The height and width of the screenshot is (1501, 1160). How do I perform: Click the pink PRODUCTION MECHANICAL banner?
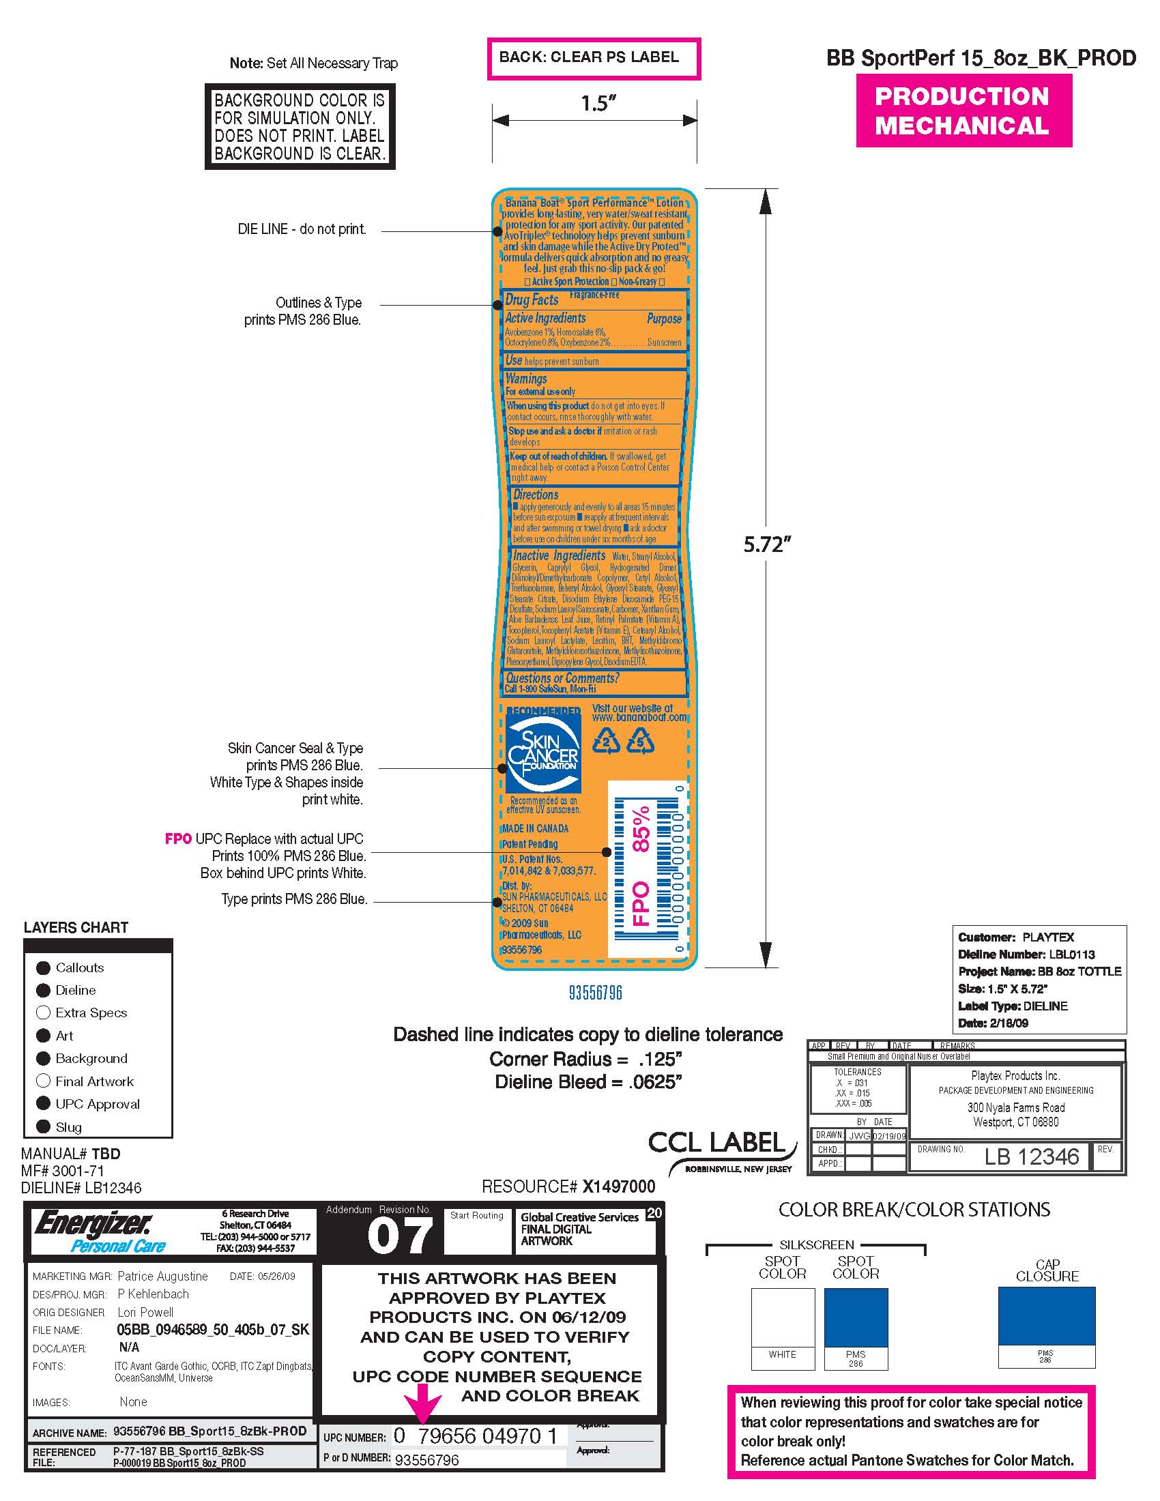coord(963,111)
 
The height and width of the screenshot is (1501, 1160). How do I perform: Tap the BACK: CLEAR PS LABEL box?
coord(593,58)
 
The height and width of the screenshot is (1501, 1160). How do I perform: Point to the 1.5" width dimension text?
coord(598,104)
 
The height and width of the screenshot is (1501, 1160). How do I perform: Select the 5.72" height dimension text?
coord(767,545)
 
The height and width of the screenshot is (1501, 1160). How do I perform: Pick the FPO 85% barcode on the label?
coord(648,870)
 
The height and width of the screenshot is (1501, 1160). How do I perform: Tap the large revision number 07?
coord(400,1236)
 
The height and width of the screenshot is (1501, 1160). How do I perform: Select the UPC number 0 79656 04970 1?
coord(475,1436)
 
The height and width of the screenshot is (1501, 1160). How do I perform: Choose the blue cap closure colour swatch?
coord(1046,1315)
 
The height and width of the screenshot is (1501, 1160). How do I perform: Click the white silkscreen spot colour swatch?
coord(783,1317)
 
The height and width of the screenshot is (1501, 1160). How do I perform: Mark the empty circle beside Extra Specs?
coord(43,1012)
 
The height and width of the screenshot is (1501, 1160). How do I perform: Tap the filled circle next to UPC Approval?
coord(43,1104)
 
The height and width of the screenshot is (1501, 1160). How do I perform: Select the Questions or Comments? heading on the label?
coord(562,678)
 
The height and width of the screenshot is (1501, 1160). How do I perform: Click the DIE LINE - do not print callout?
coord(302,229)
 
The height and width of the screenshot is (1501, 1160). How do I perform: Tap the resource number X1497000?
coord(618,1186)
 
